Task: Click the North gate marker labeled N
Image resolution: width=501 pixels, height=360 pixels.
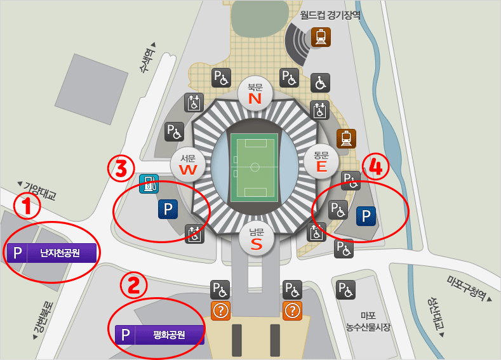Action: (255, 94)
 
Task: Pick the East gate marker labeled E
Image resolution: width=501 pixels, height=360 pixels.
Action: (321, 161)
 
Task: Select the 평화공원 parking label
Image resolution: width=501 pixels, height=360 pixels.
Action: (160, 334)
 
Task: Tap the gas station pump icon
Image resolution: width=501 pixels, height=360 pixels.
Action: (149, 184)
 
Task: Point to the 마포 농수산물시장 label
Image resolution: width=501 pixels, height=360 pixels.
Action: (368, 322)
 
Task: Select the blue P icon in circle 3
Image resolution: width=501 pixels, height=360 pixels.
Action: (168, 210)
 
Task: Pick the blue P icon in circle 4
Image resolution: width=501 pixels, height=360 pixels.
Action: (366, 217)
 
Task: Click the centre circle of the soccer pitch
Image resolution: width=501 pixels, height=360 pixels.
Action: (255, 167)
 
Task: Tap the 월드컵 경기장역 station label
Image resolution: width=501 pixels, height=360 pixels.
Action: (330, 14)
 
